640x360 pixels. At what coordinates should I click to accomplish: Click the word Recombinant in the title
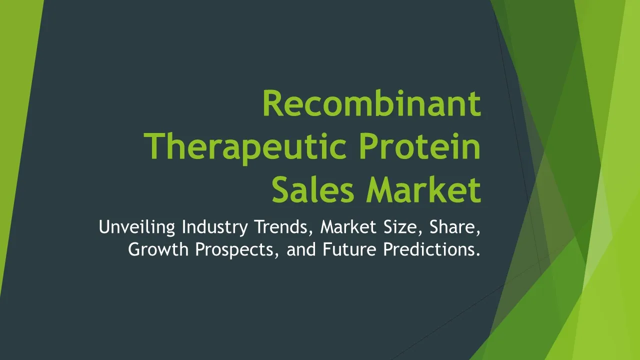(371, 103)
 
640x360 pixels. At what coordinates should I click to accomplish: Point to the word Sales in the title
(313, 189)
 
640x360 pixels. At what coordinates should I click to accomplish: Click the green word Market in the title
(424, 189)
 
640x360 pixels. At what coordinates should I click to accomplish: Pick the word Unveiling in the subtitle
(137, 227)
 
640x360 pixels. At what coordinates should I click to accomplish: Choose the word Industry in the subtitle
(215, 227)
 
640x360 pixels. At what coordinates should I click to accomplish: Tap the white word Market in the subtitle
(348, 227)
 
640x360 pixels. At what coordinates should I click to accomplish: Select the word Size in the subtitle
(403, 227)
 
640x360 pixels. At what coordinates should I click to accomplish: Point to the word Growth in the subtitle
(158, 249)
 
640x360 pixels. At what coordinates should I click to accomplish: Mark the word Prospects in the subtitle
(237, 250)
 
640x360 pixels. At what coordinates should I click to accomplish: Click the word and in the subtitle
(301, 249)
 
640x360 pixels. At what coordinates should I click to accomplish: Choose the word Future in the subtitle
(349, 249)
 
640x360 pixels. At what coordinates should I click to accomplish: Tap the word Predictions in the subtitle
(429, 249)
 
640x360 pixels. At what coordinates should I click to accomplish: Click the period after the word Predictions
(478, 254)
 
